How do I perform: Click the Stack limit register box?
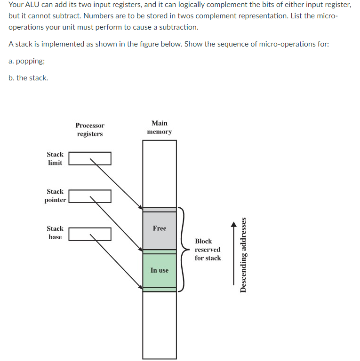pyautogui.click(x=90, y=158)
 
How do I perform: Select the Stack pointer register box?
pyautogui.click(x=90, y=196)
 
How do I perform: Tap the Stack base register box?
pyautogui.click(x=90, y=234)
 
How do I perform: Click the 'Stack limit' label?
pyautogui.click(x=55, y=158)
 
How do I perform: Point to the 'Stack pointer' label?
pyautogui.click(x=55, y=196)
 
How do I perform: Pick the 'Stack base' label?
pyautogui.click(x=55, y=233)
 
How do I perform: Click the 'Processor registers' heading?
pyautogui.click(x=90, y=130)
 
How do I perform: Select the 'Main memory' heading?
pyautogui.click(x=160, y=127)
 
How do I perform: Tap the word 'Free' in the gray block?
pyautogui.click(x=160, y=228)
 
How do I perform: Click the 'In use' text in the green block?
pyautogui.click(x=160, y=270)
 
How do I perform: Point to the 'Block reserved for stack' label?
pyautogui.click(x=208, y=249)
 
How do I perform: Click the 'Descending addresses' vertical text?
pyautogui.click(x=243, y=255)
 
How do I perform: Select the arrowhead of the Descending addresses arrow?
pyautogui.click(x=233, y=225)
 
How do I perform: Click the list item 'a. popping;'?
pyautogui.click(x=26, y=61)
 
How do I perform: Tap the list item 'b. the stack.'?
pyautogui.click(x=28, y=78)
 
